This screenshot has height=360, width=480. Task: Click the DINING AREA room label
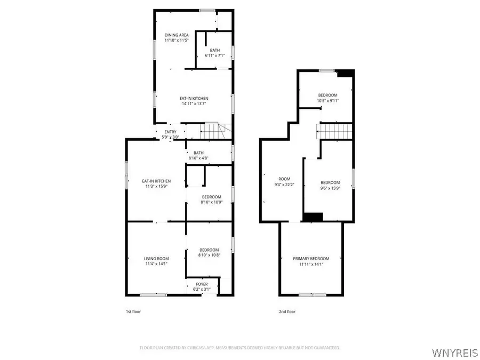[x=176, y=35]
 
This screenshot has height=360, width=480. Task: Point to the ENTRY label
[x=170, y=132]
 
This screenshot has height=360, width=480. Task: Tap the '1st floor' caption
[x=133, y=311]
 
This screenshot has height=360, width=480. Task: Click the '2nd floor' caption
[x=287, y=311]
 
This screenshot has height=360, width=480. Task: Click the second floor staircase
[x=335, y=131]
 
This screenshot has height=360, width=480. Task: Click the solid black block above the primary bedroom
[x=313, y=217]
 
